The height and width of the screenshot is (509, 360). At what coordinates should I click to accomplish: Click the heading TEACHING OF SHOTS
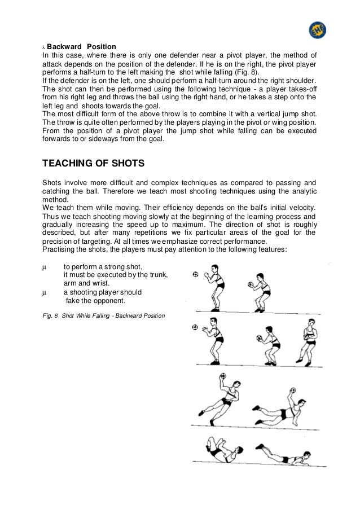point(94,164)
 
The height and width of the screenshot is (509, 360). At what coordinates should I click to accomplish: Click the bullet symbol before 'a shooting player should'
point(45,292)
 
